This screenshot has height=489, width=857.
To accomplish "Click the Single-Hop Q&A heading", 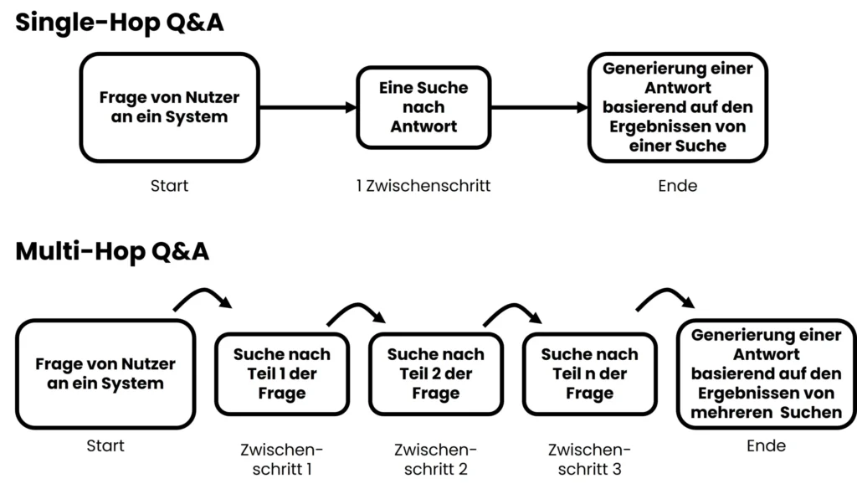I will (120, 23).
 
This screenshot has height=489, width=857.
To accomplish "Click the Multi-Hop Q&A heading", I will (112, 250).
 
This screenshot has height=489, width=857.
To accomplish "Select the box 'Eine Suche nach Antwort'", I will (423, 107).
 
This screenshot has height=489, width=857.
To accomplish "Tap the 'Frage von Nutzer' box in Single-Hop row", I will (169, 107).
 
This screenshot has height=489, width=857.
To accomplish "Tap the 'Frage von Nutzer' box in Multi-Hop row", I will (105, 374).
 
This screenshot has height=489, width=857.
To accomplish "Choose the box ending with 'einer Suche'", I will (677, 107).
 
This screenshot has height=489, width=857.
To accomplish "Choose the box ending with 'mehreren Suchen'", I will (766, 373).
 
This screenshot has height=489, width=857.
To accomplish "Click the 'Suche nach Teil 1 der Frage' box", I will (282, 374).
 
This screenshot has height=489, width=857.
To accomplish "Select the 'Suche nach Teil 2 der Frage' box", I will (435, 374).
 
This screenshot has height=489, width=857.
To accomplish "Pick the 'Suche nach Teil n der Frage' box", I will (589, 374).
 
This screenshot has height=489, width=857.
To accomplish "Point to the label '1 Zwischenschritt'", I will (423, 186).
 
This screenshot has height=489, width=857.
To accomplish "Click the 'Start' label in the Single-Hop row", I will (169, 186).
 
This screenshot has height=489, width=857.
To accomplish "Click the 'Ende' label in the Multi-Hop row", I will (766, 446).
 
